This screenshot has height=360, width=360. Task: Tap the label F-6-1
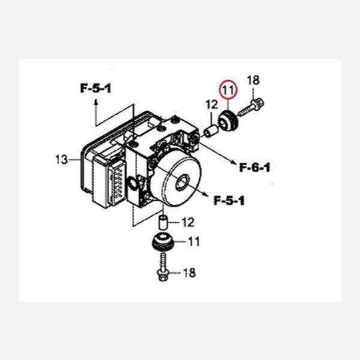254,167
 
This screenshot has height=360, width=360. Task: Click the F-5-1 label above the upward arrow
95,89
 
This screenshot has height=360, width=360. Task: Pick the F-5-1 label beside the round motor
228,200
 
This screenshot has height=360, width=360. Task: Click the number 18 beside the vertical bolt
188,274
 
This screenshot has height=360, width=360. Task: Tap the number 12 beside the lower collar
188,223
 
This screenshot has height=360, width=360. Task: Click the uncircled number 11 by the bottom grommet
194,242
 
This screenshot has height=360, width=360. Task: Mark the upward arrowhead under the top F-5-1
95,103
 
